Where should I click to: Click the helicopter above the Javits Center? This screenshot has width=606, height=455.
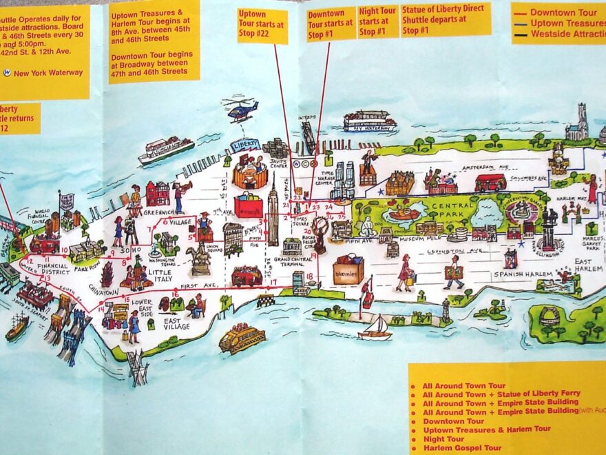click(x=240, y=110)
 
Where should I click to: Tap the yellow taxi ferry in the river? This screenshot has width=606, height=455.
click(x=242, y=338)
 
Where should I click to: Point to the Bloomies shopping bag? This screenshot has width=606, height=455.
click(x=349, y=270)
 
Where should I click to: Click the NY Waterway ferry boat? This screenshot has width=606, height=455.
click(x=370, y=122)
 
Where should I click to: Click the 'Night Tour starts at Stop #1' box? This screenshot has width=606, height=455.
click(x=377, y=22)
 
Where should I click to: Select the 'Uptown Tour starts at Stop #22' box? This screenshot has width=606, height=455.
click(x=262, y=26)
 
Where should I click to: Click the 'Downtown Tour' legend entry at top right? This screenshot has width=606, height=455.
click(x=563, y=12)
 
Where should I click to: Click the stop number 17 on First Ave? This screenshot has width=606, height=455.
click(x=273, y=281)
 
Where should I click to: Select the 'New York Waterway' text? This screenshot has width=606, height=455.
click(x=48, y=73)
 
